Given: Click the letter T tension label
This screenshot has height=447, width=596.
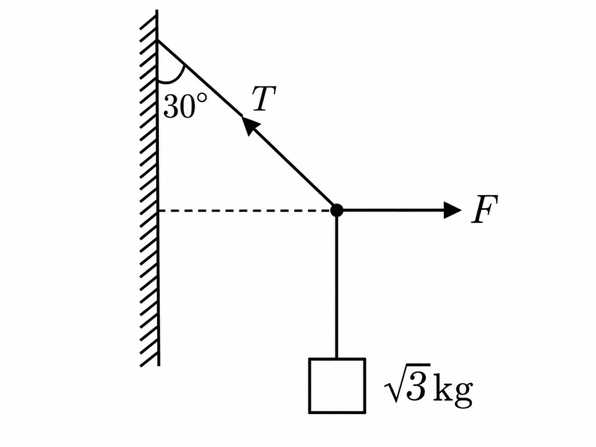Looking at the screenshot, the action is [264, 99].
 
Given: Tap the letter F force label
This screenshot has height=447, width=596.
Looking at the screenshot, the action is [484, 209].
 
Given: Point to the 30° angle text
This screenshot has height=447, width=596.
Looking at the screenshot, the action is [185, 106].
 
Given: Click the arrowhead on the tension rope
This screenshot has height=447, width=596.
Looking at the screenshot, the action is [249, 125].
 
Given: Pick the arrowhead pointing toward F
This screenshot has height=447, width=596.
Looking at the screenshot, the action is [452, 210].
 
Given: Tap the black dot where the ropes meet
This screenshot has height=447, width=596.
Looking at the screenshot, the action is [337, 210].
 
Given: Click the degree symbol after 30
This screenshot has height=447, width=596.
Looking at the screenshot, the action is [201, 99].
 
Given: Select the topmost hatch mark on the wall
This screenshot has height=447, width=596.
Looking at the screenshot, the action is [148, 22].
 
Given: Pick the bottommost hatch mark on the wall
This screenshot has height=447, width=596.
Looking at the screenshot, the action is [149, 359].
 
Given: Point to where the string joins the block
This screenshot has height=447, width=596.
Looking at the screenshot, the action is [337, 358].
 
